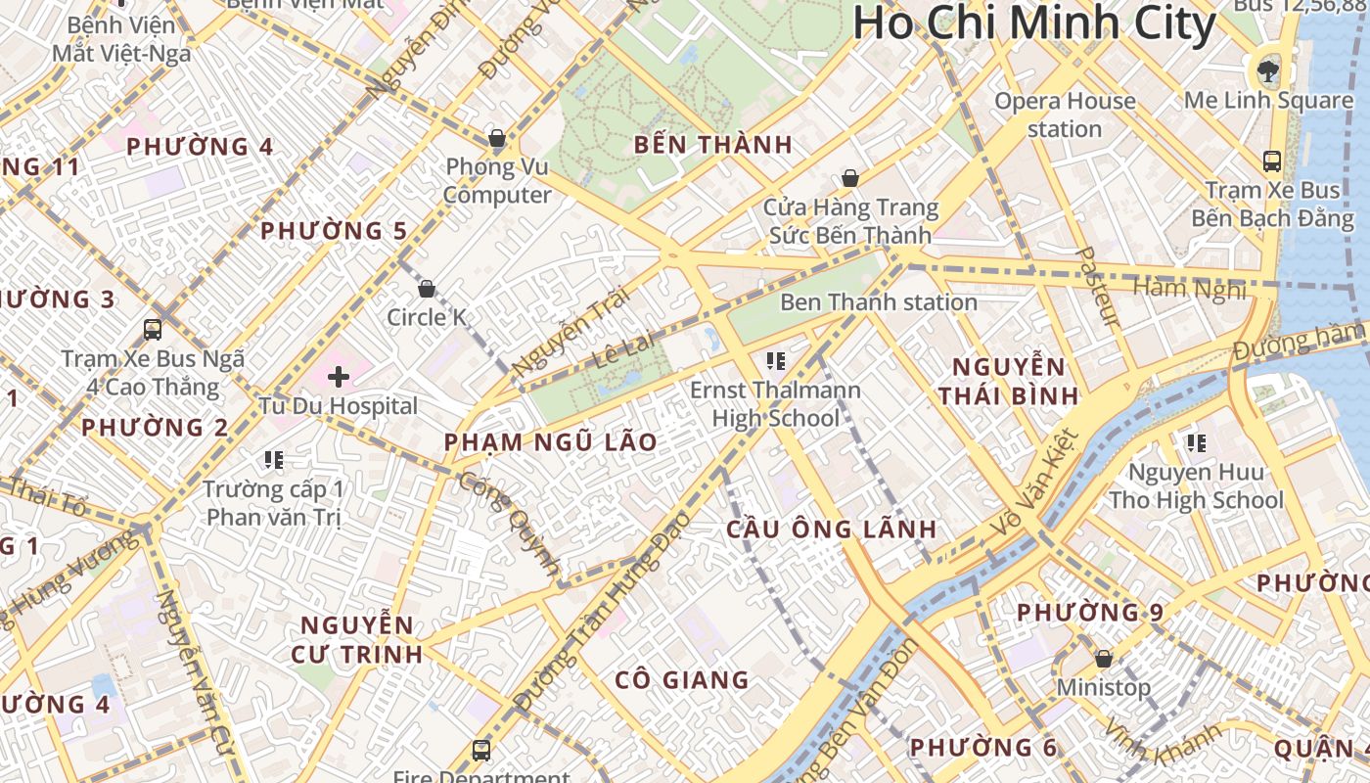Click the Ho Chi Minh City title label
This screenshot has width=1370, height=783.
click(1034, 24)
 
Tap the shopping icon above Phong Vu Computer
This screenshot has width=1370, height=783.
click(497, 138)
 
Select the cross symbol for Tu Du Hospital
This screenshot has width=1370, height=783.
click(339, 376)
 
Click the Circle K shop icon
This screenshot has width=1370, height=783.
click(426, 289)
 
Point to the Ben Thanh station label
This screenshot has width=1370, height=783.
click(878, 302)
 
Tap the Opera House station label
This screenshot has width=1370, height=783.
click(1065, 115)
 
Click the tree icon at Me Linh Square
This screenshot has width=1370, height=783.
click(1268, 69)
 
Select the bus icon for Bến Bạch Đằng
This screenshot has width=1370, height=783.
click(1272, 161)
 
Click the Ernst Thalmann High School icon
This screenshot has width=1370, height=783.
click(776, 361)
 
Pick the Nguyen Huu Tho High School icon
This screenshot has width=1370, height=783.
click(1196, 443)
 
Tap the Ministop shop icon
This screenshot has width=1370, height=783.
click(1104, 659)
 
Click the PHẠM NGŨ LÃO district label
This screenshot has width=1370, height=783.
click(551, 442)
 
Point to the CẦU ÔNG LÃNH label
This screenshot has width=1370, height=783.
click(832, 530)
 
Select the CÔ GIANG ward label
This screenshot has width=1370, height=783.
click(682, 679)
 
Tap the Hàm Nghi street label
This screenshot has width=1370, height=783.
click(1189, 288)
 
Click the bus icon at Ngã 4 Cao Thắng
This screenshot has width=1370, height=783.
click(153, 329)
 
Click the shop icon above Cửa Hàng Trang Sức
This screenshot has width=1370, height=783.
click(850, 179)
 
